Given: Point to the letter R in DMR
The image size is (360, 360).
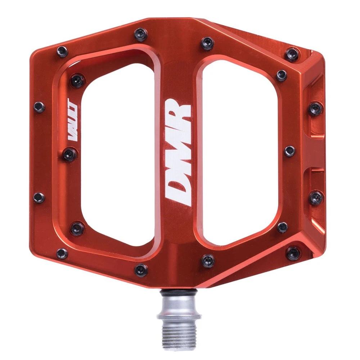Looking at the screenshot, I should (x=178, y=112).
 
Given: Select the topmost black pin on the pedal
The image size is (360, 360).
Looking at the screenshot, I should (x=140, y=35).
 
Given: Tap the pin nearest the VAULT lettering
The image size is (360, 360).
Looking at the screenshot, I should (x=69, y=155).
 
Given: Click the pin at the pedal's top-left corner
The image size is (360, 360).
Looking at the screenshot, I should (x=62, y=52).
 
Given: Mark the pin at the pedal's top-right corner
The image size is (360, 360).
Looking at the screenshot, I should (x=292, y=54).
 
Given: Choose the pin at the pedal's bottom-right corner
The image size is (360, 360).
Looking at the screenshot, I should (x=293, y=253).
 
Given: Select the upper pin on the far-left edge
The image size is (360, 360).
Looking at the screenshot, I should (x=39, y=107).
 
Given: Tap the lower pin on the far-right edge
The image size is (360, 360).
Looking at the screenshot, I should (x=316, y=197).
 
